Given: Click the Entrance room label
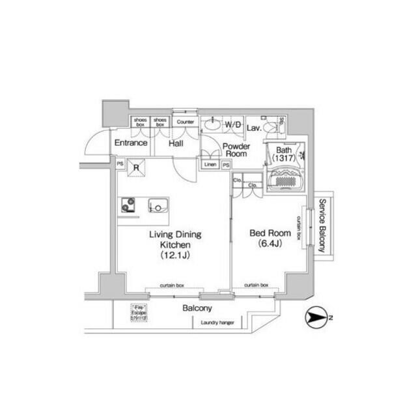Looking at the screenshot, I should click(x=130, y=143).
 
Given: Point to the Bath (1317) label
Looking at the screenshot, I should click(x=284, y=154).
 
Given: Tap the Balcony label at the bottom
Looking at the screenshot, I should click(x=196, y=308).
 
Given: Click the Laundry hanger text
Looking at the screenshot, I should click(x=217, y=323).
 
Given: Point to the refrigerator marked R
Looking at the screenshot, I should click(x=136, y=167).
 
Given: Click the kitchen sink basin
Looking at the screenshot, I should click(x=157, y=206).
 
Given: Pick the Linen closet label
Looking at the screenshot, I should click(x=210, y=165).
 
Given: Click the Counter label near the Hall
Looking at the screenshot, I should click(x=186, y=122).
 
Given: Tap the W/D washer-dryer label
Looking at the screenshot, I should click(x=233, y=124).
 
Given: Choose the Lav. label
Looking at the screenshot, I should click(x=255, y=129).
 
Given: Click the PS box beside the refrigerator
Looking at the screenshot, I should click(x=120, y=164).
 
